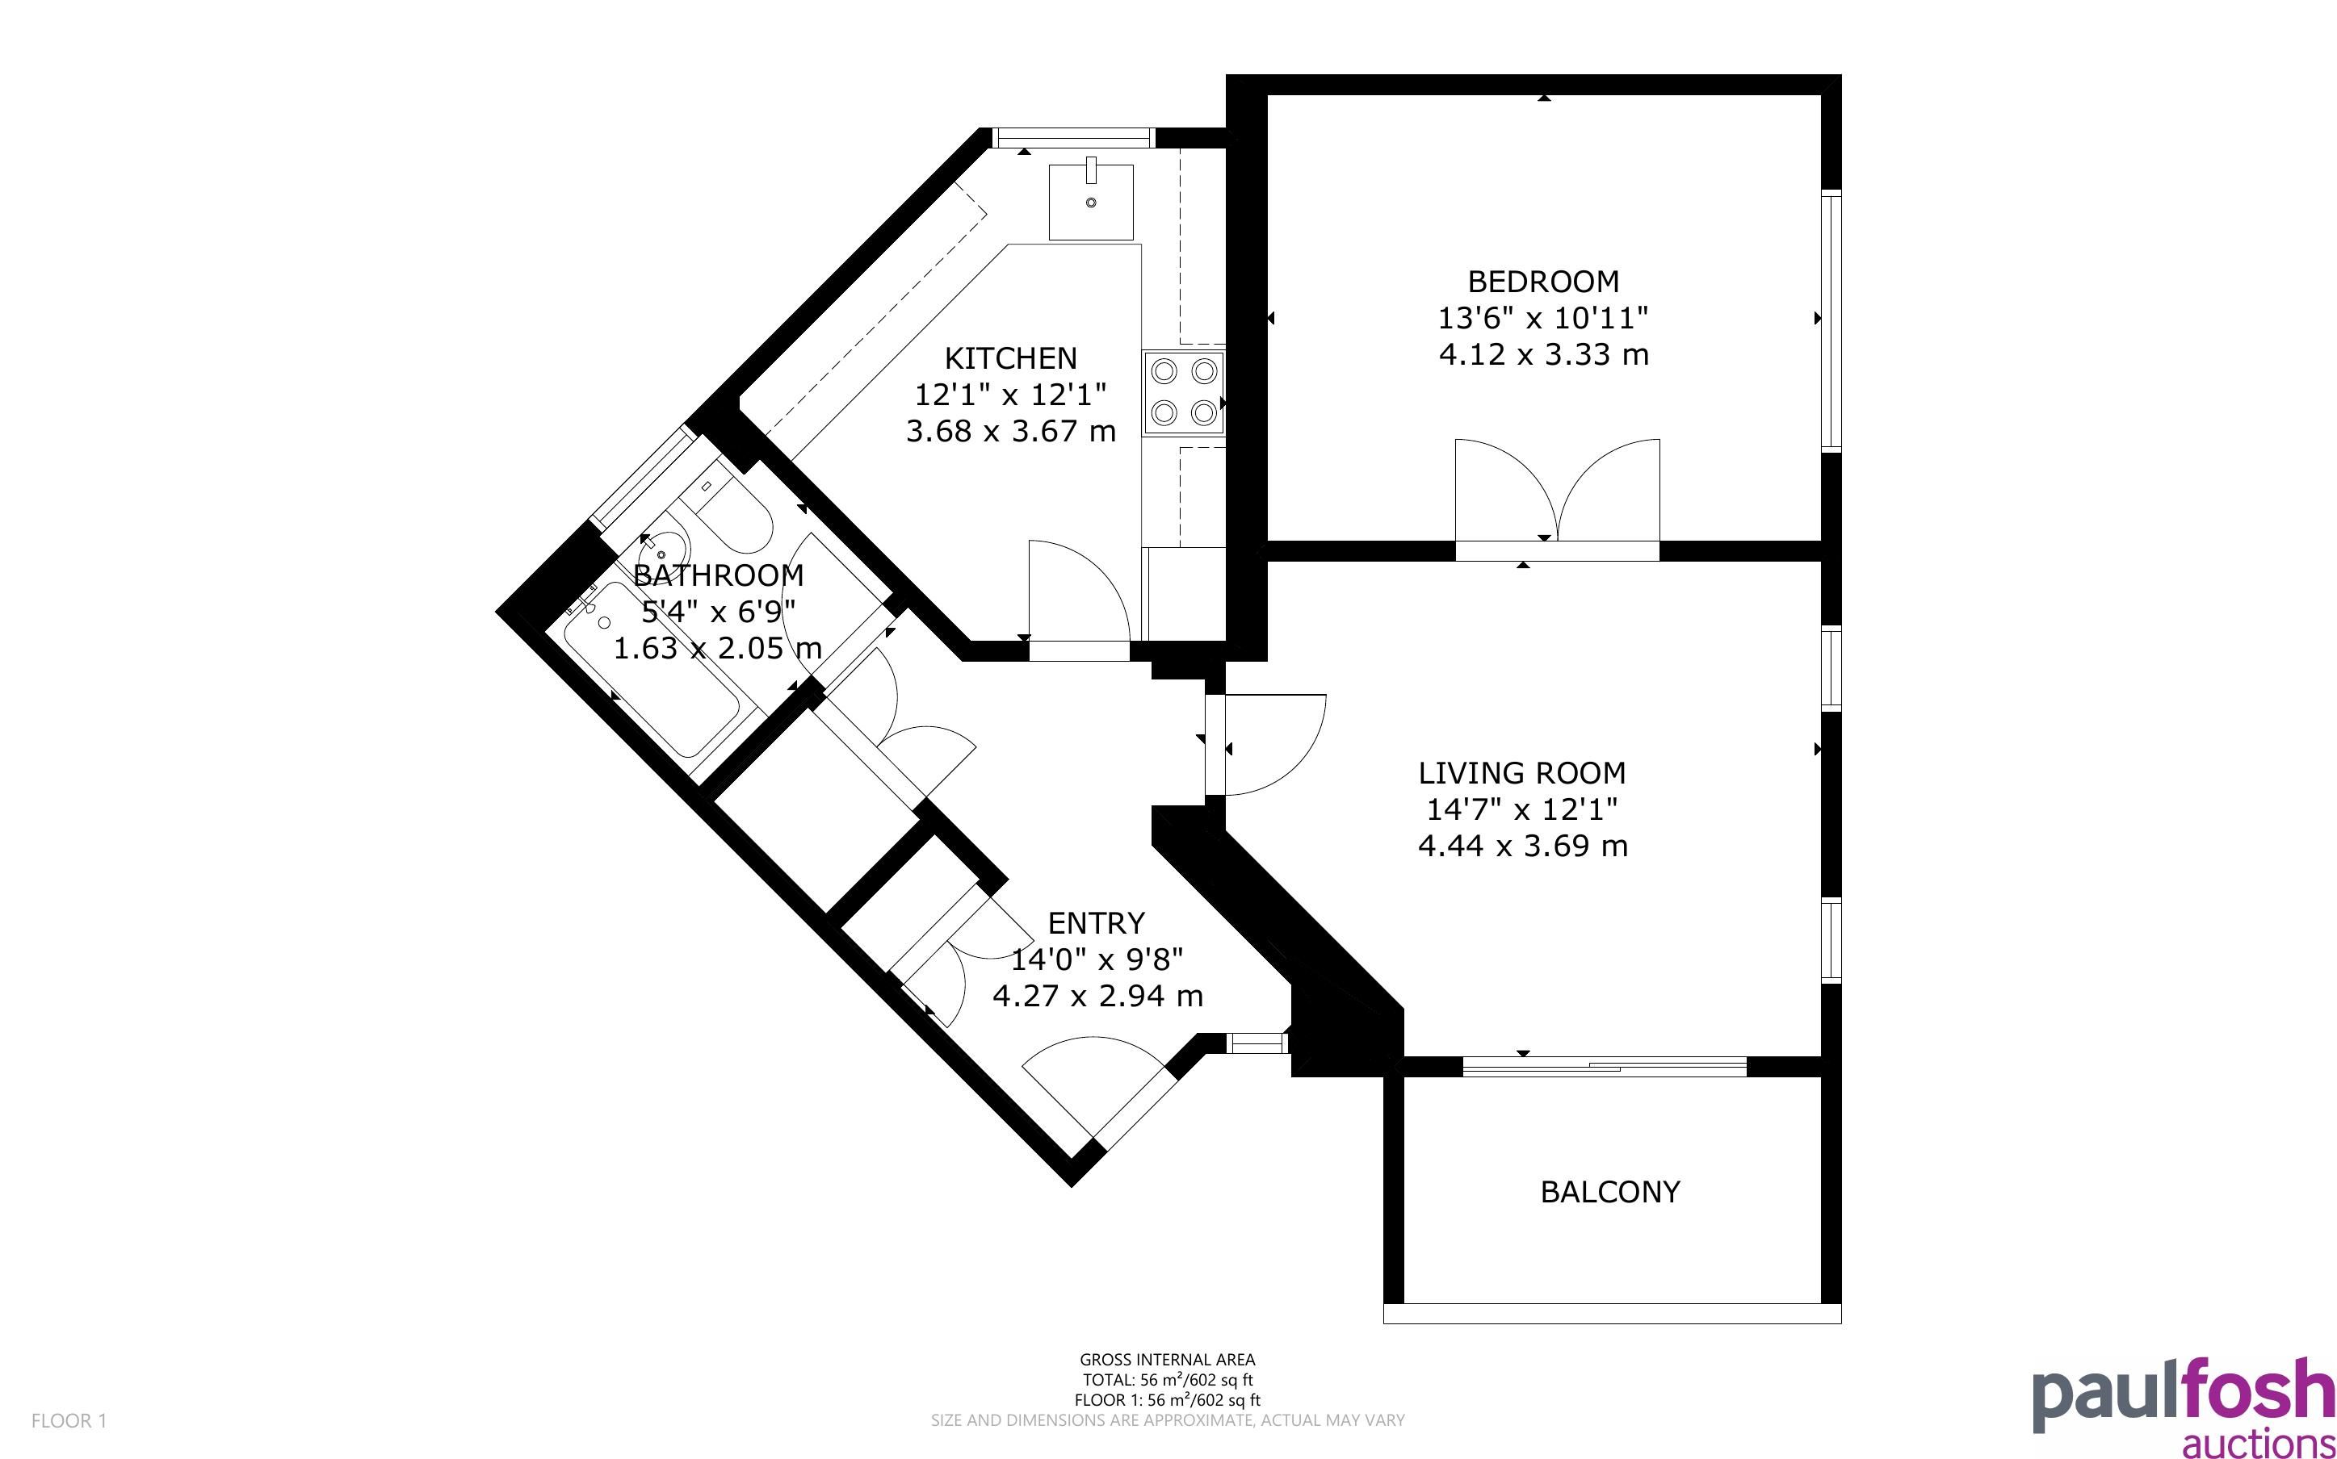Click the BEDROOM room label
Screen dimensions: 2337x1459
pyautogui.click(x=1542, y=282)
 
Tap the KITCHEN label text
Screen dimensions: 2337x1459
pyautogui.click(x=1009, y=358)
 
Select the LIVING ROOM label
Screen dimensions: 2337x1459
pyautogui.click(x=1522, y=773)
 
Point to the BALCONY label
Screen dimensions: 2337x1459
pyautogui.click(x=1610, y=1192)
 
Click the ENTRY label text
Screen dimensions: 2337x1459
pyautogui.click(x=1097, y=923)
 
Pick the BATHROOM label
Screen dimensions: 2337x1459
pyautogui.click(x=718, y=575)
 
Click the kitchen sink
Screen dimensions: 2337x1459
pyautogui.click(x=1092, y=202)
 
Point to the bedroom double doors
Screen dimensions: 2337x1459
pyautogui.click(x=1557, y=492)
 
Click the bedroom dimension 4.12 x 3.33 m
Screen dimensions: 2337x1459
pyautogui.click(x=1542, y=355)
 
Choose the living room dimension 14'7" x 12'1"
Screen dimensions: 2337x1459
pyautogui.click(x=1522, y=809)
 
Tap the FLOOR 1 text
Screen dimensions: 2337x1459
pyautogui.click(x=69, y=1420)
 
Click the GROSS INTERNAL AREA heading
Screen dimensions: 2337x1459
pyautogui.click(x=1167, y=1361)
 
